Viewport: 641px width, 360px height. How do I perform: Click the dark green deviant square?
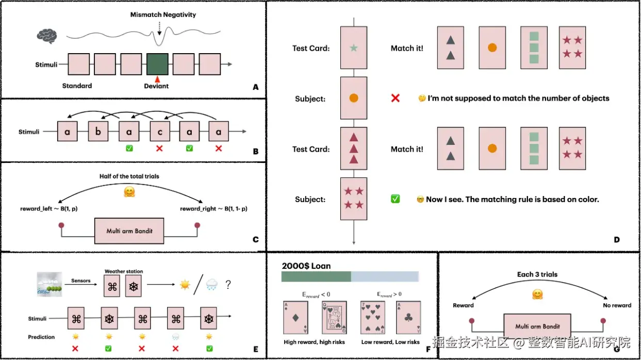[157, 64]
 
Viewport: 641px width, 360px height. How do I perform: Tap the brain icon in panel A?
[47, 36]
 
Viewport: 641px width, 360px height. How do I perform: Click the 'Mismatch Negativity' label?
[163, 14]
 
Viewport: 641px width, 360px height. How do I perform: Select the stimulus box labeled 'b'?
[98, 132]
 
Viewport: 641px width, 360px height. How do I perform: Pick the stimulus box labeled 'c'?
[160, 132]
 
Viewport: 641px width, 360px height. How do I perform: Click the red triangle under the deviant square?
[157, 79]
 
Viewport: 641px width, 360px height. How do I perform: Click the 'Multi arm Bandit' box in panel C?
[129, 231]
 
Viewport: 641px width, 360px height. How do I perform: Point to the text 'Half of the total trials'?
[129, 176]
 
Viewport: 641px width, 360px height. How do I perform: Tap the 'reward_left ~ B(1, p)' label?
[49, 208]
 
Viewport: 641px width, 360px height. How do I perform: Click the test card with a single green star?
[354, 48]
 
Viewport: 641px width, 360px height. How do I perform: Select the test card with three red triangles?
[354, 149]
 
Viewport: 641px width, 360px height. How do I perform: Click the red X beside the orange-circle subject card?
[395, 98]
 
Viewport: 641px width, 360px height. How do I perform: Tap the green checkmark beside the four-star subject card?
[395, 199]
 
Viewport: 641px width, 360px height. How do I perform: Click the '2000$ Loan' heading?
[306, 266]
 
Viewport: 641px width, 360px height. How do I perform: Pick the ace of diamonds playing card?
[296, 318]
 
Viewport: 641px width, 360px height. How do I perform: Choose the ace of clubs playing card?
[408, 318]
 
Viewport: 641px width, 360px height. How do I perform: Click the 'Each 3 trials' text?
[537, 274]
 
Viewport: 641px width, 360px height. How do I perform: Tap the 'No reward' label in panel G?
[617, 305]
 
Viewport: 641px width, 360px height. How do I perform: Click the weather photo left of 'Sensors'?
[50, 284]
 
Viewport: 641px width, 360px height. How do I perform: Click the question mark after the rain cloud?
[228, 285]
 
